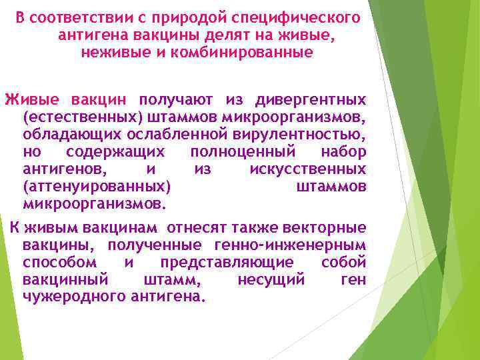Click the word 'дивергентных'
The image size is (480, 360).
pyautogui.click(x=311, y=100)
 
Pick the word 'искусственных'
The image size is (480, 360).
pyautogui.click(x=307, y=169)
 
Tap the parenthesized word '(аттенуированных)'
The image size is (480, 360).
pyautogui.click(x=96, y=187)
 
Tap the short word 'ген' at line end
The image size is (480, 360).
pyautogui.click(x=353, y=279)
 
